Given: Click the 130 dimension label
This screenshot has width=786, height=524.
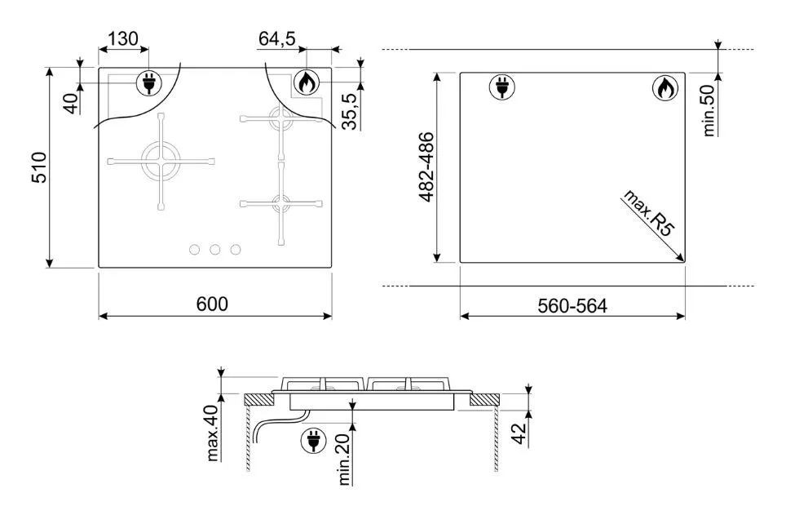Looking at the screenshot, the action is [x=123, y=38].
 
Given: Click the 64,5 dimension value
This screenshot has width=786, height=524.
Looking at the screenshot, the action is [x=277, y=38].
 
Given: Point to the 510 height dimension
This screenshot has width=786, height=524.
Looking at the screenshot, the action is [x=39, y=167].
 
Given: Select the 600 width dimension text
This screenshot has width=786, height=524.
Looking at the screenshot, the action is [x=212, y=304].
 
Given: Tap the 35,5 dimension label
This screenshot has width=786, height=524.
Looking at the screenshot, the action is [x=350, y=112].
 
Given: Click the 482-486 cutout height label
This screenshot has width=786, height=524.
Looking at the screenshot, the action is [x=426, y=167].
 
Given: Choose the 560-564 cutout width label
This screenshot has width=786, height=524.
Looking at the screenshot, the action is [x=572, y=305].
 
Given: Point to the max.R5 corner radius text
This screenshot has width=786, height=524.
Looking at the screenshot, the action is [x=649, y=212].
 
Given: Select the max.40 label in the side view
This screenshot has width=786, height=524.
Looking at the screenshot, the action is [x=213, y=433].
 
